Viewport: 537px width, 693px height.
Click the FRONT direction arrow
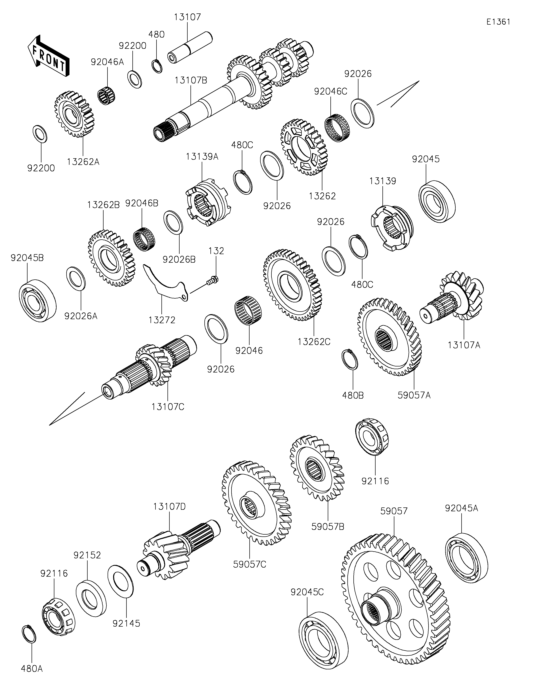coord(48,56)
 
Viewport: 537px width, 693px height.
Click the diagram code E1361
coord(498,22)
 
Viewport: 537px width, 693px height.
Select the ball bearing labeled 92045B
coord(38,300)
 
